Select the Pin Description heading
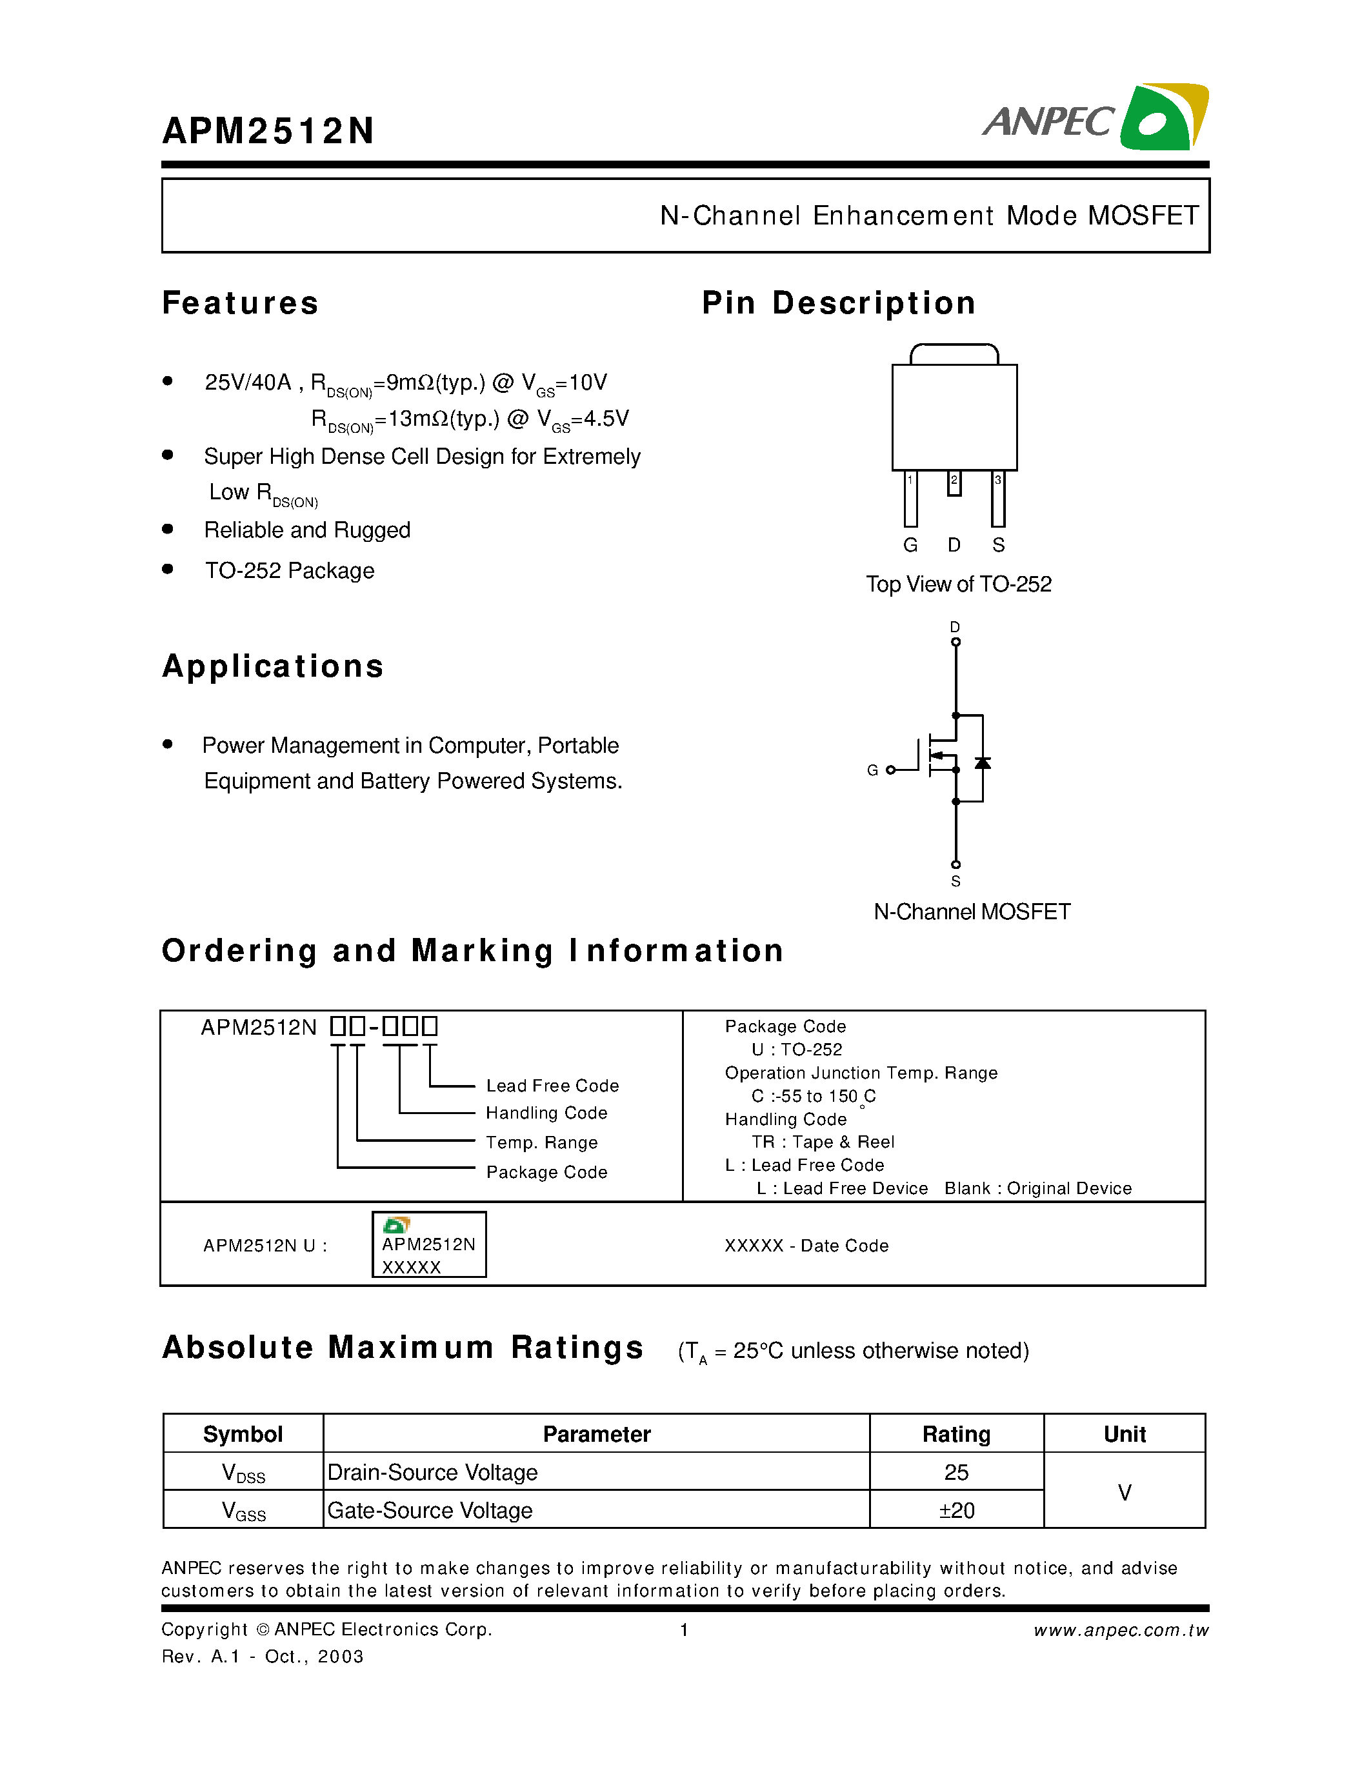click(x=838, y=303)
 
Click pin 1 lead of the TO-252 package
click(x=910, y=499)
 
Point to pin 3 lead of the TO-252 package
click(x=998, y=499)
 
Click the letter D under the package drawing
click(x=954, y=545)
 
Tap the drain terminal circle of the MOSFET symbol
click(x=956, y=642)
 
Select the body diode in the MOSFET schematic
click(x=983, y=762)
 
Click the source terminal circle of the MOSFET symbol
click(x=956, y=864)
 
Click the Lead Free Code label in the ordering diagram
click(x=552, y=1086)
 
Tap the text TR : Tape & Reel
click(x=822, y=1142)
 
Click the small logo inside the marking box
click(x=396, y=1225)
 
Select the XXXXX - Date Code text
click(x=806, y=1246)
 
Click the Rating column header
click(x=956, y=1435)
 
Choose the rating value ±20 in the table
click(x=956, y=1511)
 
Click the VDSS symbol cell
click(x=243, y=1473)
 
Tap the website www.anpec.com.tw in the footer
click(x=1121, y=1630)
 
